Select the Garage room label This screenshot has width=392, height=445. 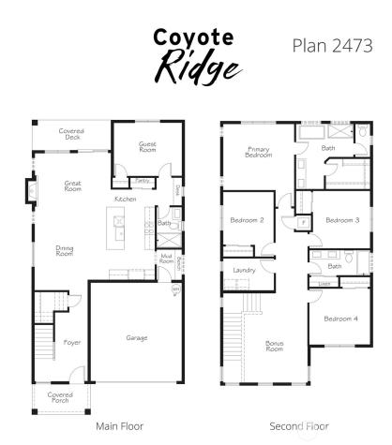coord(137,337)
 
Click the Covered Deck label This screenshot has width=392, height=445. coord(71,134)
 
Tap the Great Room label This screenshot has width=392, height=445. coord(72,185)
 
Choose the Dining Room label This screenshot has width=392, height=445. coord(64,251)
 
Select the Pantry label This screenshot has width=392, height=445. coord(143,179)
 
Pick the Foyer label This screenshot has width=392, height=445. coord(71,343)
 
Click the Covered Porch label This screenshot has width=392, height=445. coord(59,398)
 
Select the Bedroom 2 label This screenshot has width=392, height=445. coord(247,220)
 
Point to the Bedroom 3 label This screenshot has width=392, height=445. coord(341,220)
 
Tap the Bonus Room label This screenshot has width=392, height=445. coord(275,346)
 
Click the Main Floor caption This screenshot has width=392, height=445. coord(120,426)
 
